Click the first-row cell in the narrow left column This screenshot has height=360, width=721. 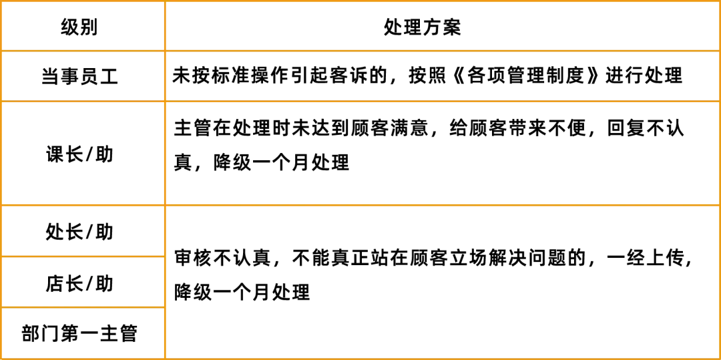[x=83, y=27]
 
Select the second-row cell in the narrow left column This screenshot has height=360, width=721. [x=83, y=75]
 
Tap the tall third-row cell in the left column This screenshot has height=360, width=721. [x=83, y=154]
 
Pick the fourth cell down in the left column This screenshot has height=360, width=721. [x=83, y=230]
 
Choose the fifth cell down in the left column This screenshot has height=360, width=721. [x=83, y=283]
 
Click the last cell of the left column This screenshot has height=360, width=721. [x=83, y=333]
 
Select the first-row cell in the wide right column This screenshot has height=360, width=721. [x=443, y=27]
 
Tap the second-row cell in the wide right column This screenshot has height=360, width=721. [x=443, y=75]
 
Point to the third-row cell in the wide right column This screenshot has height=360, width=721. [x=443, y=154]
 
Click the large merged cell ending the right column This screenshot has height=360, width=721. [x=443, y=283]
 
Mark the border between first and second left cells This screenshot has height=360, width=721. [x=83, y=51]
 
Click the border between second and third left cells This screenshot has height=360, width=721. [x=83, y=102]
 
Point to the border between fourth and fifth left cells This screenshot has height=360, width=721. [x=83, y=256]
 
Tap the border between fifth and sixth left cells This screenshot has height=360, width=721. [x=83, y=307]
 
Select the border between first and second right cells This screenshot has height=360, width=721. [x=443, y=51]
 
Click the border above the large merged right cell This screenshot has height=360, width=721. [x=443, y=205]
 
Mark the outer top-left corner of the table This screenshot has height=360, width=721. [x=1, y=1]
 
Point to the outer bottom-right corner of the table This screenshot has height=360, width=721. [x=719, y=358]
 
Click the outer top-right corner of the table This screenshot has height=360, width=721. [x=719, y=1]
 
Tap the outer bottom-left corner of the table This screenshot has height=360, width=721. [x=1, y=358]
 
